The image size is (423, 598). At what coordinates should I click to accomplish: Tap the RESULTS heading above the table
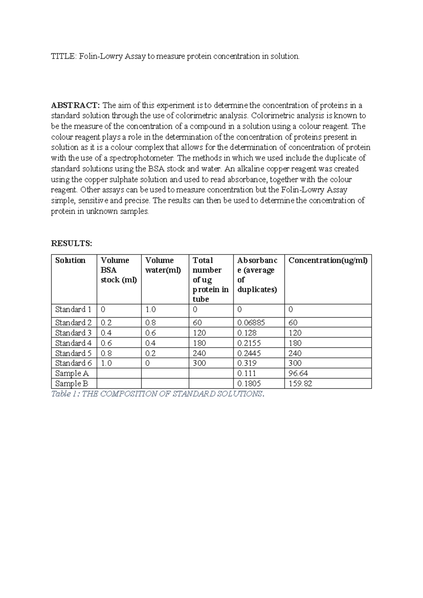tap(72, 243)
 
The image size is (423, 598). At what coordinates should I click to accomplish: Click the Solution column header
tap(70, 261)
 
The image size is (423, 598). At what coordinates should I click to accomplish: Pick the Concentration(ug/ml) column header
tap(328, 261)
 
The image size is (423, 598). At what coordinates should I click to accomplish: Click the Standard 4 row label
tap(73, 343)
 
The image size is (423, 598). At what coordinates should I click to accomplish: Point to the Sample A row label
tap(72, 373)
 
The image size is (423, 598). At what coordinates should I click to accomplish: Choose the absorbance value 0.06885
tap(251, 323)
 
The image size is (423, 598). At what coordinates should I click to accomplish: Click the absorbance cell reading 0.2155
tap(249, 343)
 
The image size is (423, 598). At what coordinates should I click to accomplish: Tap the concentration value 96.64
tap(298, 373)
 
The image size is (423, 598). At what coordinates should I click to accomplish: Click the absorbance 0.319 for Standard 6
tap(247, 363)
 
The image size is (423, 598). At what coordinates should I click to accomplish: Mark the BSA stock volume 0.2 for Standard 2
tap(106, 323)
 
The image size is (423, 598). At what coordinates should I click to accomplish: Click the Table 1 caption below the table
tap(157, 394)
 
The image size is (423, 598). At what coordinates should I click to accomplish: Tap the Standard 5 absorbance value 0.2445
tap(249, 353)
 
